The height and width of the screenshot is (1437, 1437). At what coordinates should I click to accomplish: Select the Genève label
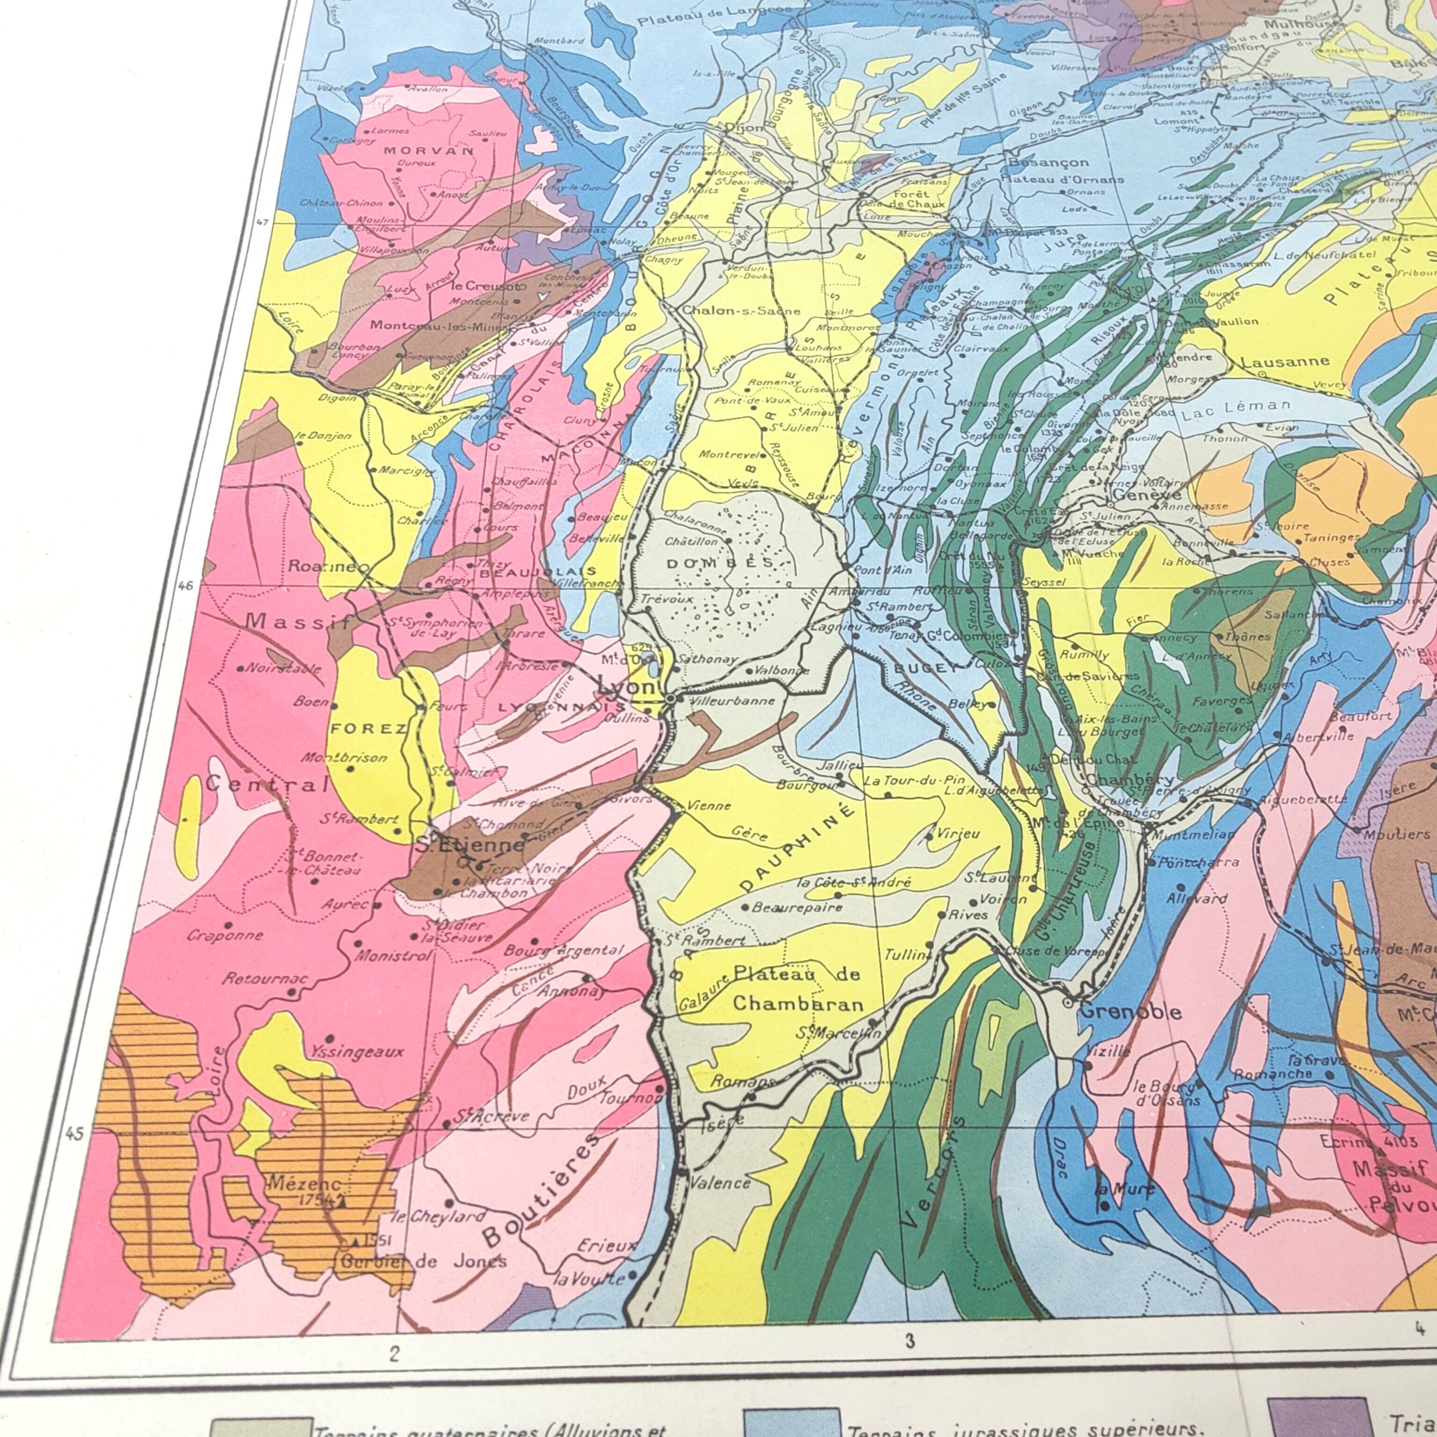point(1146,494)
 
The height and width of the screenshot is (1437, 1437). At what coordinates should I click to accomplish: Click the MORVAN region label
point(428,150)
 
